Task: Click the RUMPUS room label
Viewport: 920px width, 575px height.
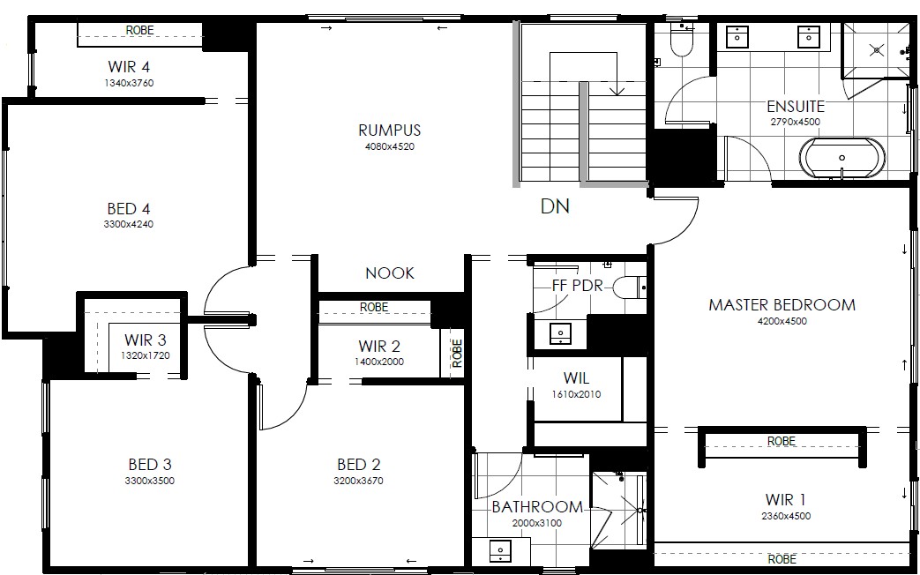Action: click(x=390, y=130)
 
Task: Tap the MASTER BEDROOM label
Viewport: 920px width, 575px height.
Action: click(x=782, y=304)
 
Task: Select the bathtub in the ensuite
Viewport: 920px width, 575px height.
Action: click(x=842, y=158)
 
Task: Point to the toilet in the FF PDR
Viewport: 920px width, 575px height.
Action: click(x=630, y=287)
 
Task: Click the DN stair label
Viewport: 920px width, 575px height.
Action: click(x=555, y=206)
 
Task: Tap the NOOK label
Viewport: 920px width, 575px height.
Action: click(x=390, y=273)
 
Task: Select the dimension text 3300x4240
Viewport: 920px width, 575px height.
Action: click(x=129, y=224)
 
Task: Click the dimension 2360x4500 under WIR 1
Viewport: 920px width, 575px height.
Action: click(x=786, y=516)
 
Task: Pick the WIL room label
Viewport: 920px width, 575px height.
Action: click(x=576, y=378)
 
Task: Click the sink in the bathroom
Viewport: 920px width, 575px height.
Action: click(x=500, y=551)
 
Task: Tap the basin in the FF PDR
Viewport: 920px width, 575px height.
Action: click(x=560, y=333)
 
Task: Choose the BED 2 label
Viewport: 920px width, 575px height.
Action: click(x=358, y=465)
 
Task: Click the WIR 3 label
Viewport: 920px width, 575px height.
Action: click(x=145, y=340)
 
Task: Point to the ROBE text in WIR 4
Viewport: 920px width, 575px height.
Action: click(x=139, y=30)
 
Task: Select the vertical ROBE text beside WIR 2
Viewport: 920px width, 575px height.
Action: click(x=458, y=354)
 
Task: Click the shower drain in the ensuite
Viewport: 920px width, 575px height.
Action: click(x=877, y=50)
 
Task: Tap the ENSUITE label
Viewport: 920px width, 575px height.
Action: click(x=796, y=107)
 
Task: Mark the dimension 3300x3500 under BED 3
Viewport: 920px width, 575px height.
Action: click(x=150, y=482)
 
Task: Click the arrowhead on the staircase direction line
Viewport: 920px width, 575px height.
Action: click(x=617, y=90)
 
